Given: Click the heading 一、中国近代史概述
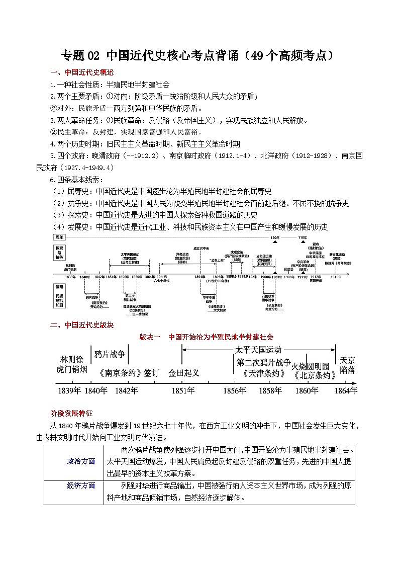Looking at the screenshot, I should (x=82, y=72).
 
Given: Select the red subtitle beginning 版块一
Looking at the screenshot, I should (x=206, y=337).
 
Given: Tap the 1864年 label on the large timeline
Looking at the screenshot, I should (x=345, y=391).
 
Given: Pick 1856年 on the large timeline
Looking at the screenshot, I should (x=235, y=391).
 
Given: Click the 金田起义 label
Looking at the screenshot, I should (x=184, y=373).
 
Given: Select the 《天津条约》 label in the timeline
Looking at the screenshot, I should (x=263, y=374).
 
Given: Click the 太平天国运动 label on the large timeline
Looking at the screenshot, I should (x=258, y=350).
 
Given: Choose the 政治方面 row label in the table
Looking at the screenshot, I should (x=81, y=461).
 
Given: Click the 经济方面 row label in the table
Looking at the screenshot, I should (x=81, y=486).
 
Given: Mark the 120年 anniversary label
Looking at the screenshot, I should (x=274, y=237).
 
